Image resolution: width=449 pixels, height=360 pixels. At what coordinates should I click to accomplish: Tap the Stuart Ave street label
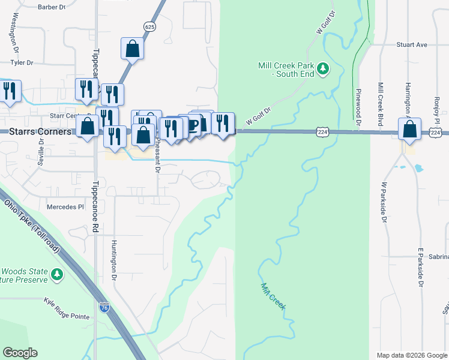tap(411, 44)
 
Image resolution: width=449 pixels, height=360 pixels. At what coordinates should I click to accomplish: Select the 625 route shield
tap(149, 26)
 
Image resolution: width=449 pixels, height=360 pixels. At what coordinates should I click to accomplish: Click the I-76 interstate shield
tap(104, 308)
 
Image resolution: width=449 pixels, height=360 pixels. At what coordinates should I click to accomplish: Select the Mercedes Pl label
tap(65, 207)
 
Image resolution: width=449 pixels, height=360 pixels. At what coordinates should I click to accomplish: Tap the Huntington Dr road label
tap(112, 262)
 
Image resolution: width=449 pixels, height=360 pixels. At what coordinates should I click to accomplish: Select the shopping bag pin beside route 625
tap(132, 49)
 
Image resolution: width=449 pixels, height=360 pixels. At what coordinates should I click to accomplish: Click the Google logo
tap(20, 353)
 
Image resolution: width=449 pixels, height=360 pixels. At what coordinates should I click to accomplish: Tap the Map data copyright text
tap(411, 355)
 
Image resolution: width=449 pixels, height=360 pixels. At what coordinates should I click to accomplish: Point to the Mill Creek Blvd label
tap(380, 104)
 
